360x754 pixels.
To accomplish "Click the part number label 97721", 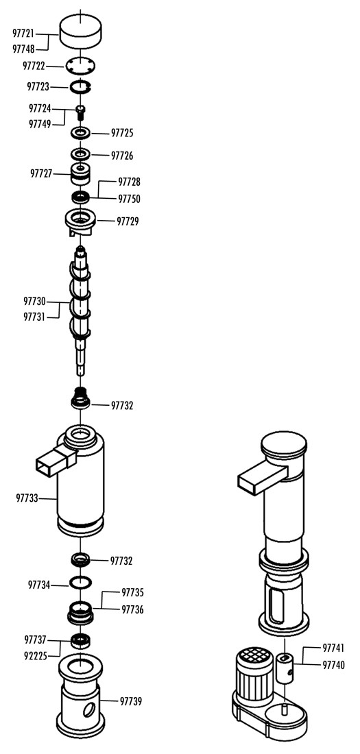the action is coord(23,33).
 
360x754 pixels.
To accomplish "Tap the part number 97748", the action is coord(23,49).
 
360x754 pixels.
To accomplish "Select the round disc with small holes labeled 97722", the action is coord(80,65).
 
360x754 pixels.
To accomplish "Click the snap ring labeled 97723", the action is coord(80,87).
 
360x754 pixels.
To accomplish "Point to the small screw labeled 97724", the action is coord(81,112).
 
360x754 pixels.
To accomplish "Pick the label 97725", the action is coord(122,133).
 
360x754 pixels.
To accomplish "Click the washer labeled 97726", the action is coord(80,154).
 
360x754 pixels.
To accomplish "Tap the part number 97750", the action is coord(129,199).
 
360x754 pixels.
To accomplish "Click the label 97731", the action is coord(35,317).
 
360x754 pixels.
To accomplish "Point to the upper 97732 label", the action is coord(122,405).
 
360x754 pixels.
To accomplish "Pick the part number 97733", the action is coord(27,498).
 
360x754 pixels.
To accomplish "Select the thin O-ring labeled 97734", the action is coord(80,582).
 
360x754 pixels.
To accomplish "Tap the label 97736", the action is coord(133,609).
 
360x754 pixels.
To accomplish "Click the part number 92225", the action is coord(36,655).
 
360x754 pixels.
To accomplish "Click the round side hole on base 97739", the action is coord(90,709).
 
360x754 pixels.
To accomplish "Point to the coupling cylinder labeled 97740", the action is coord(285,666).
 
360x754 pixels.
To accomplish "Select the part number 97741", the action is coord(333,648).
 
